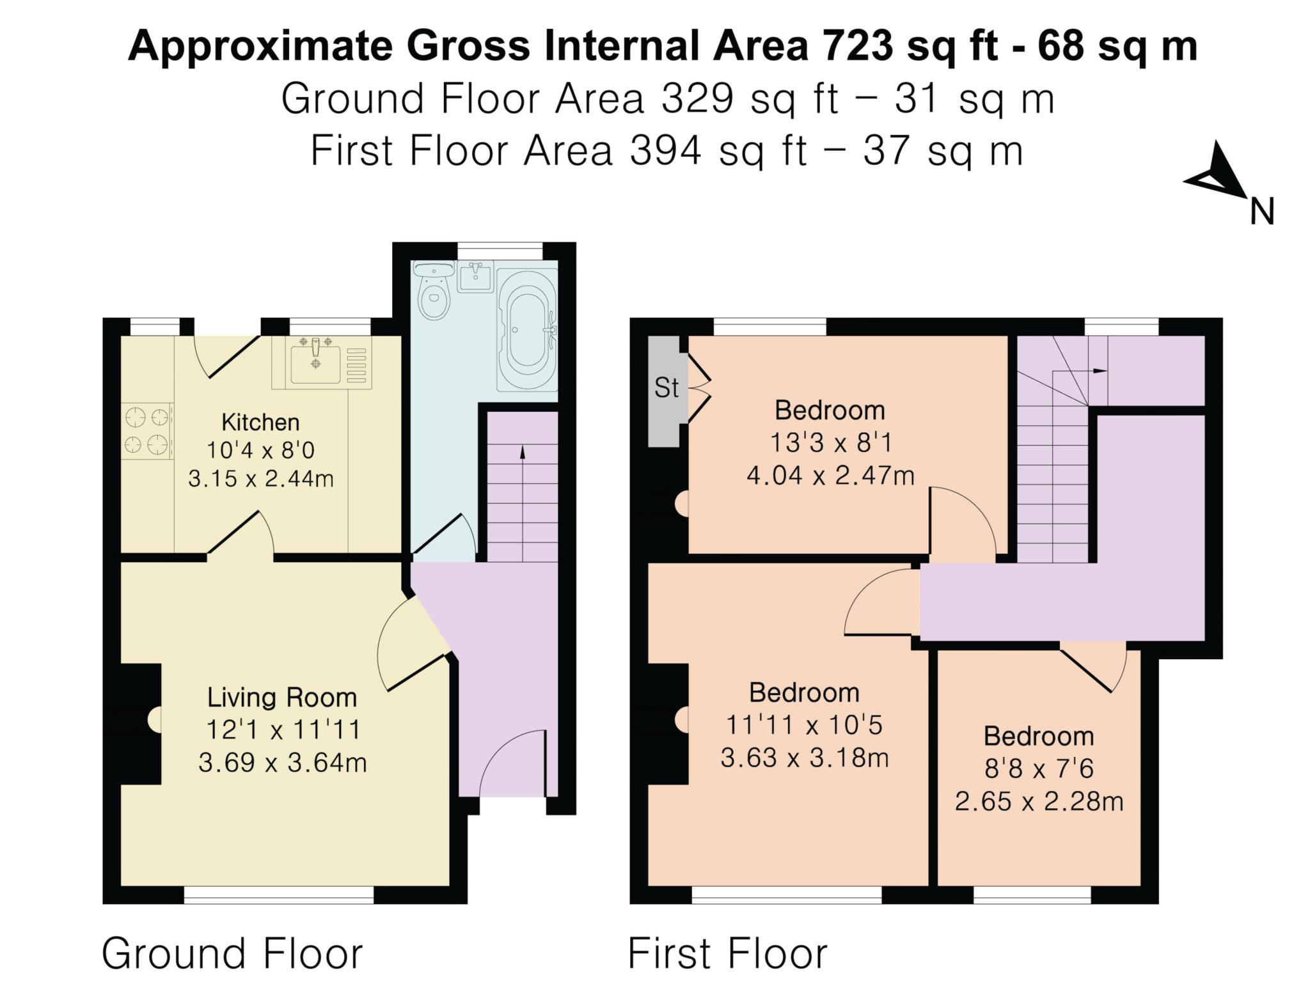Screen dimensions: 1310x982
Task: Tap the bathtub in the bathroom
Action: pos(527,330)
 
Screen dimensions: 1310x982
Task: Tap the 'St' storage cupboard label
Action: pos(666,387)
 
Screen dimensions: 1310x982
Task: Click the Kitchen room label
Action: pos(260,422)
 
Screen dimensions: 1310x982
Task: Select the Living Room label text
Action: pos(281,698)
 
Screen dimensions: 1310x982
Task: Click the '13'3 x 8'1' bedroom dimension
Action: pos(830,442)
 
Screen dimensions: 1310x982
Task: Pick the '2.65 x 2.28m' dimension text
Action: pos(1039,801)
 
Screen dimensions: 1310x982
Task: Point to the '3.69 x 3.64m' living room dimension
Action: pos(282,763)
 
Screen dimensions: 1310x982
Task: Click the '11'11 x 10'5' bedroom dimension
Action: pos(804,725)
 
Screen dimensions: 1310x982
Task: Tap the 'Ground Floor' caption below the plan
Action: pos(232,953)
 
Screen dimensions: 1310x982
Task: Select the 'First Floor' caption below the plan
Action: pos(728,953)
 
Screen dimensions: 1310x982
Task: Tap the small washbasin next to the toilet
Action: pos(475,276)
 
